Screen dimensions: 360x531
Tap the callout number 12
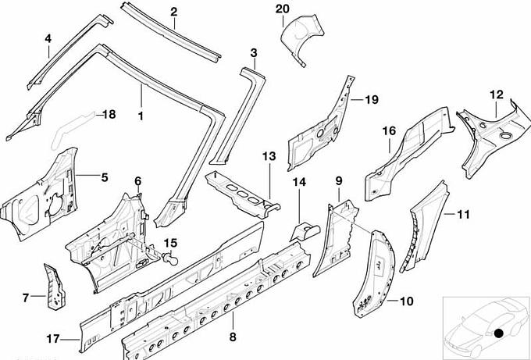tap(497, 94)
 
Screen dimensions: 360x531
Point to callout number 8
tap(231, 337)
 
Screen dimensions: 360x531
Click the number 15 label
tap(169, 243)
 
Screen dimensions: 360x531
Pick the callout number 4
tap(48, 38)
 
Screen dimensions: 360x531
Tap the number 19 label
tap(370, 99)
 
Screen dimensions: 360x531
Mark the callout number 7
tap(25, 297)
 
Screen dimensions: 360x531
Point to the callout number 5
tap(104, 176)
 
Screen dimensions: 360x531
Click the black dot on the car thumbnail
tap(497, 334)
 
